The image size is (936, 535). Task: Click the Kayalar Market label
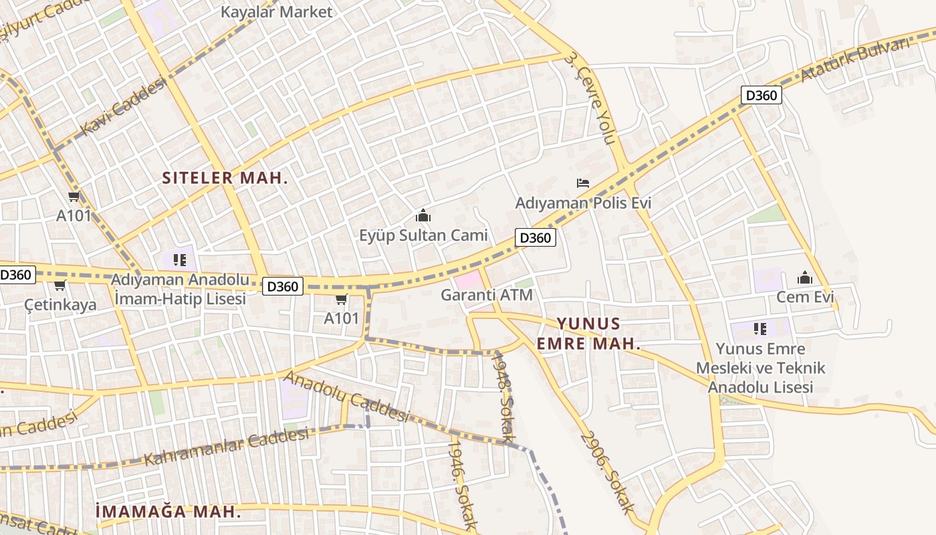point(276,12)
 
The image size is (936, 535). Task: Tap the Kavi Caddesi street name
point(123,106)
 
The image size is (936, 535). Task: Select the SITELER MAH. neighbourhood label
point(225,178)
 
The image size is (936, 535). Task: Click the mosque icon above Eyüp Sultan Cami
point(423,215)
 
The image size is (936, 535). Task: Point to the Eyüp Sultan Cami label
point(423,235)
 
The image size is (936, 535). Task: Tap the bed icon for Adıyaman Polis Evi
point(583,183)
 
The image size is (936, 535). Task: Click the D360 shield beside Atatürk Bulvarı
point(761,95)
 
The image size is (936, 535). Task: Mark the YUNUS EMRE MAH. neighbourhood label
point(588,334)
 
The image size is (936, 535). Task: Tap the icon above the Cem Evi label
point(805,278)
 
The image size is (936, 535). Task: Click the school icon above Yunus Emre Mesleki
point(760,328)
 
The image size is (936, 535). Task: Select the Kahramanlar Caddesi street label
point(227,447)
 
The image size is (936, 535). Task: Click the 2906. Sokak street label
point(607,472)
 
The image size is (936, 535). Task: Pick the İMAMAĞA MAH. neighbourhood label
point(168,512)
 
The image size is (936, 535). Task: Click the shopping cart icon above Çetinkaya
point(60,286)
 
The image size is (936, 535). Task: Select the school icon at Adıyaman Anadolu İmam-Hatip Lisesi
point(179,259)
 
